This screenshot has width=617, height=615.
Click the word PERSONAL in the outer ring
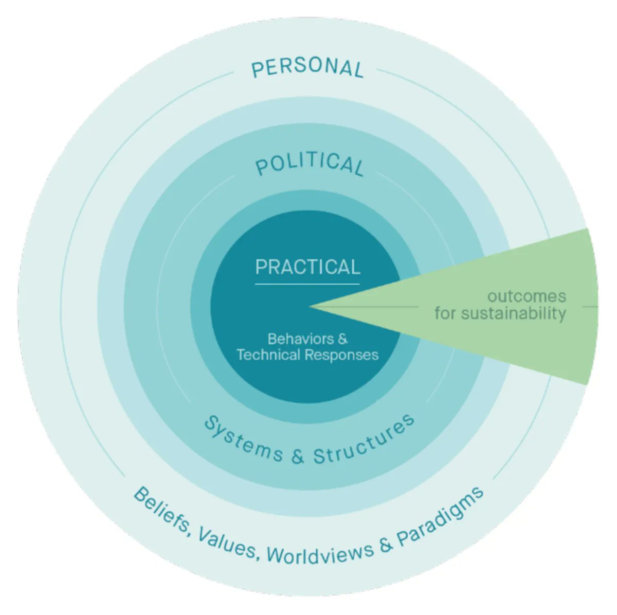(307, 68)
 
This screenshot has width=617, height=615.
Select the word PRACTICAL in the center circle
(307, 267)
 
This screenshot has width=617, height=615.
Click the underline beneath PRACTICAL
(307, 284)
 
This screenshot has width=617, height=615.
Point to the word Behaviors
(301, 339)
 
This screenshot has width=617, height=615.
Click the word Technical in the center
(269, 355)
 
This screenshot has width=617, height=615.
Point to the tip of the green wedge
(311, 307)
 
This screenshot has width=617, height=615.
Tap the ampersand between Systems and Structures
(298, 456)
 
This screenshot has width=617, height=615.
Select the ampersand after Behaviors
(342, 339)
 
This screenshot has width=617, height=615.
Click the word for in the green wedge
(445, 313)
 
